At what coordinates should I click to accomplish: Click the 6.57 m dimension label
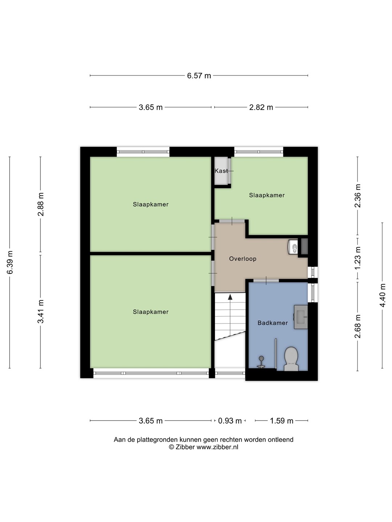point(199,76)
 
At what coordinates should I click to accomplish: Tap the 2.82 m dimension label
point(261,107)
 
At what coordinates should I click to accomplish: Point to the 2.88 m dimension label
point(41,204)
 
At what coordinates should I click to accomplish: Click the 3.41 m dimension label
point(41,311)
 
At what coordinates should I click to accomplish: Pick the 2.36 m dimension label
point(358,195)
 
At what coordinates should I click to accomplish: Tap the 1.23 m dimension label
point(358,258)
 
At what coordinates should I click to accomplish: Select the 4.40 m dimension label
point(383,295)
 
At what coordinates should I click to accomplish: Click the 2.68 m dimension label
point(358,326)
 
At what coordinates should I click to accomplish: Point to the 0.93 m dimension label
point(230,421)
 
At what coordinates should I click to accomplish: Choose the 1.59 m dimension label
point(281,421)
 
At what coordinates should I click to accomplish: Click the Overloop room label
point(242,259)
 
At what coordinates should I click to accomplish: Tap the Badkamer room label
point(273,323)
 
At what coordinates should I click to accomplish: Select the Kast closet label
point(221,171)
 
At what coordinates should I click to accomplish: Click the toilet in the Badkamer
point(291,359)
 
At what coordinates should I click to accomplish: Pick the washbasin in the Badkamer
point(301,317)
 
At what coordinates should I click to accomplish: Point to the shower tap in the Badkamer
point(261,362)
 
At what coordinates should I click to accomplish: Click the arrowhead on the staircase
point(230,297)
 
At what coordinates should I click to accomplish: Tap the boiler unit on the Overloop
point(293,247)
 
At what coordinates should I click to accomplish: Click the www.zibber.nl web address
point(217,447)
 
